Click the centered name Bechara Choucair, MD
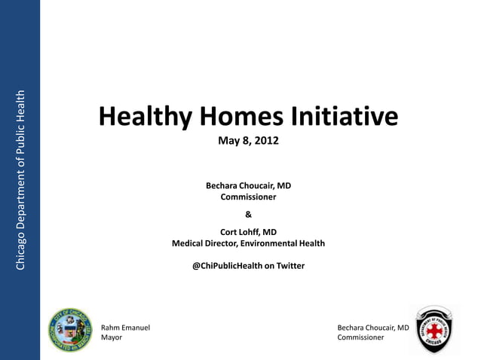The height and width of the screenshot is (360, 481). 248,185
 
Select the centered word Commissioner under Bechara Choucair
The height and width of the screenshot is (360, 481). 248,197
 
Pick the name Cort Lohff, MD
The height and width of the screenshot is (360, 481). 248,232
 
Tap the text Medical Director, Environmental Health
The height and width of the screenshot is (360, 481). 248,243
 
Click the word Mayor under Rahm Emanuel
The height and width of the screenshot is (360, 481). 112,338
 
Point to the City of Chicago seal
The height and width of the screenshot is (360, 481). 69,330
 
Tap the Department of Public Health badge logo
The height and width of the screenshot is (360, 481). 434,329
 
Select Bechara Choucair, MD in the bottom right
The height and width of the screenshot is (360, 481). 372,328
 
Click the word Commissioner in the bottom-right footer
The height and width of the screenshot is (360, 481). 360,338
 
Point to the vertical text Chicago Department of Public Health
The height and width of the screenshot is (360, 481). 20,179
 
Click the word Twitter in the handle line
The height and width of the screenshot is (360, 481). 290,266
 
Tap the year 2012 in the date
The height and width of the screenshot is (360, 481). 267,141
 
